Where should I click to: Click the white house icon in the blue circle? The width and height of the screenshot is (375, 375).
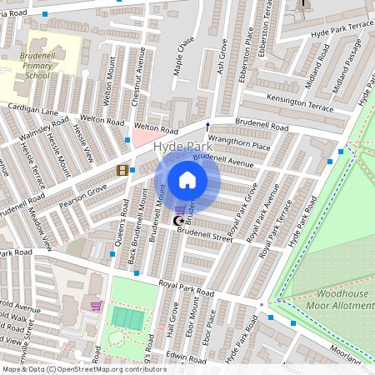(187, 180)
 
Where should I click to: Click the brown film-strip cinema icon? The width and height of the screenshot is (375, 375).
(122, 171)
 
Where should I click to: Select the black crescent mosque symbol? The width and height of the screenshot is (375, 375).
(177, 221)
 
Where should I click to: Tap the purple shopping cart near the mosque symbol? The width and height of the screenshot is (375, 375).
(180, 209)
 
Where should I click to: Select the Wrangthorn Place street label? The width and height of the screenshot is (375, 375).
(239, 144)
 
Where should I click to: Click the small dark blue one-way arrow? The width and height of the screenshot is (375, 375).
(207, 127)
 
